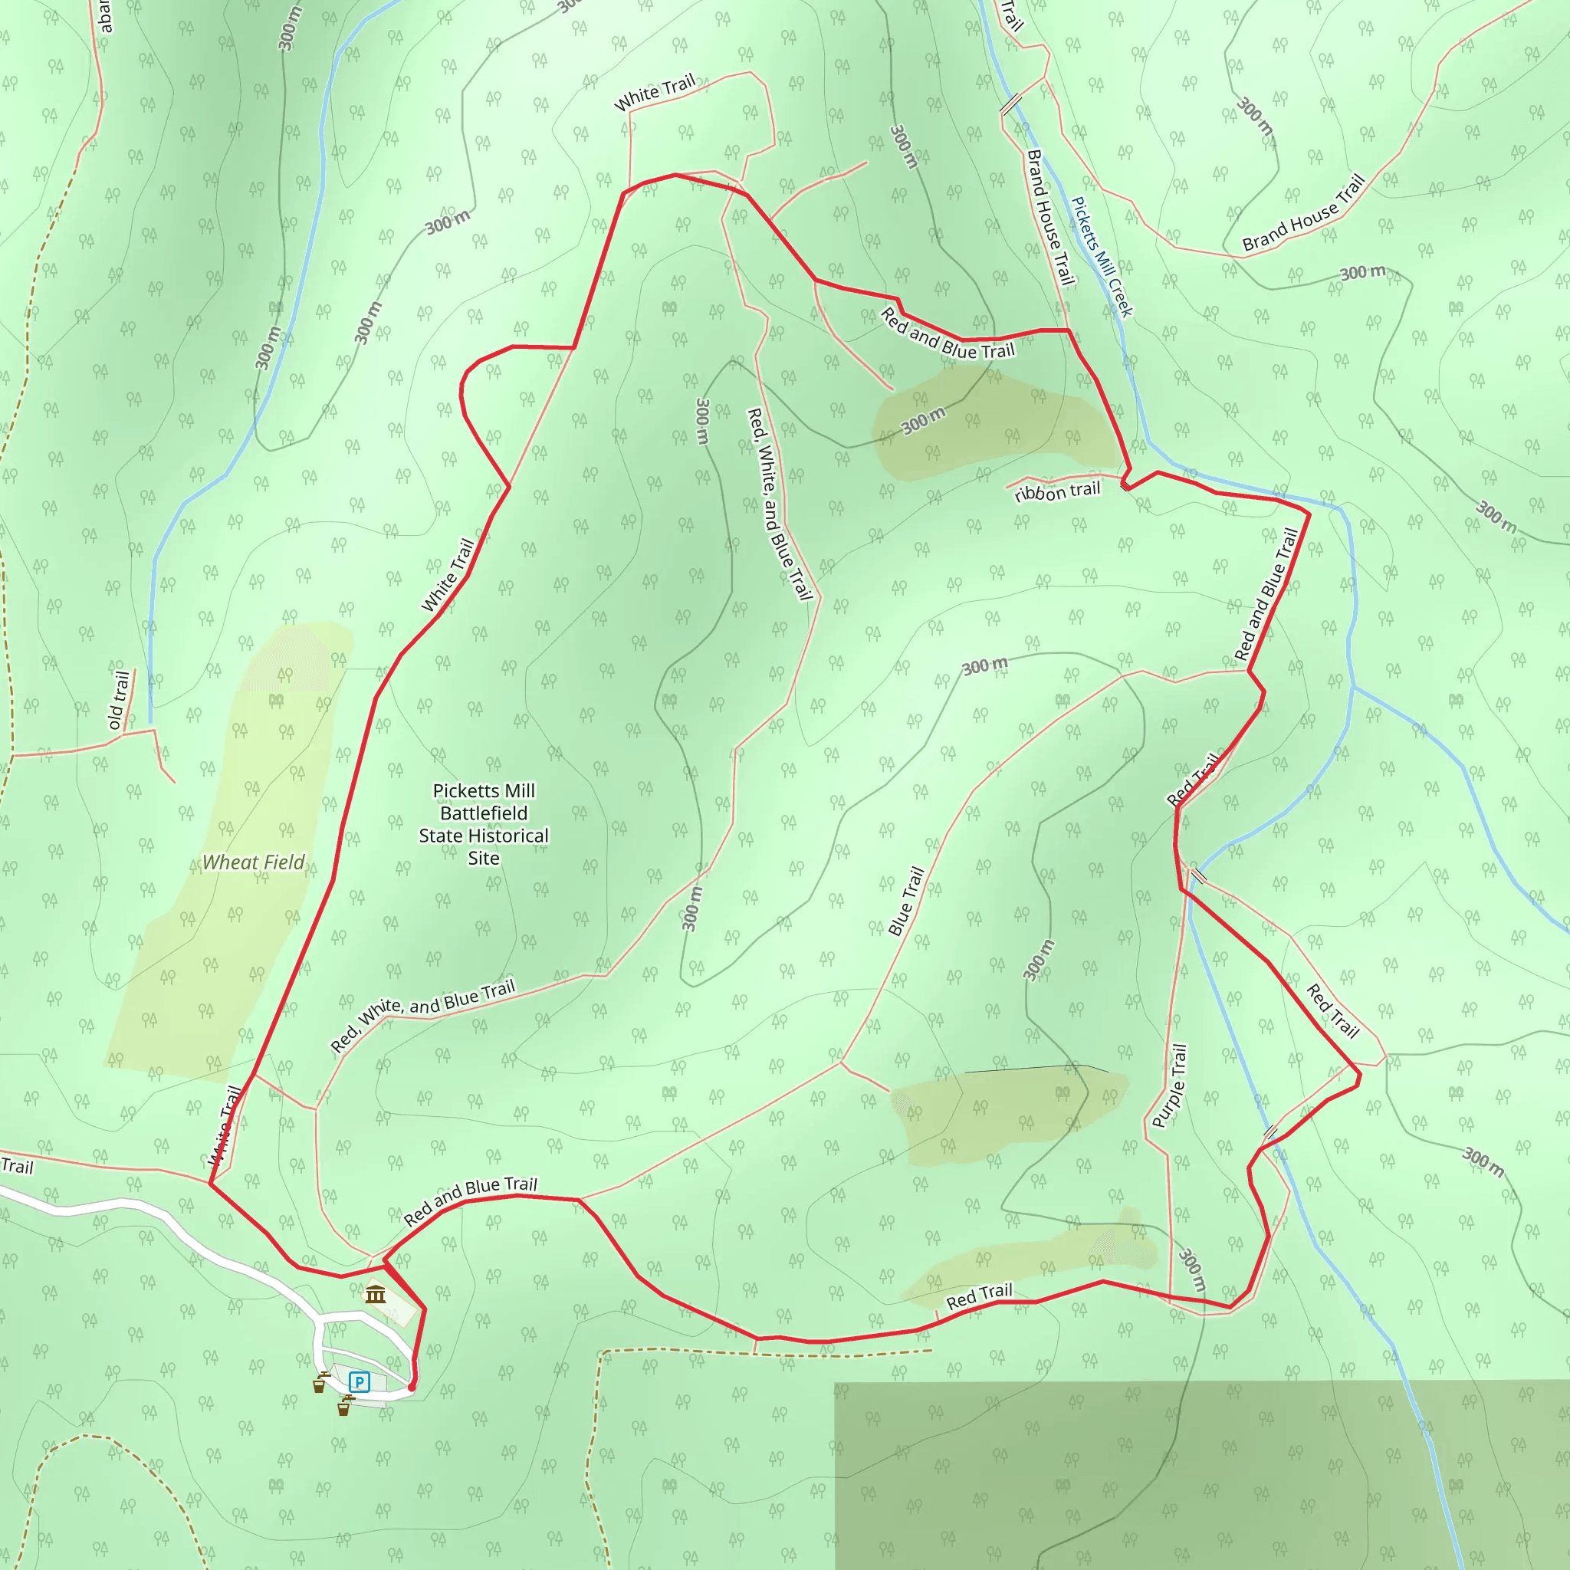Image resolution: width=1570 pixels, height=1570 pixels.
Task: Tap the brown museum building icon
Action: click(375, 1295)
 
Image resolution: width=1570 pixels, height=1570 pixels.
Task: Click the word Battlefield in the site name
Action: click(484, 813)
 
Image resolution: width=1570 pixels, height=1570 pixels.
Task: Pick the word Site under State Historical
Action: click(484, 858)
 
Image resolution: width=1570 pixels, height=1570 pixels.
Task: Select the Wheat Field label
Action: click(254, 862)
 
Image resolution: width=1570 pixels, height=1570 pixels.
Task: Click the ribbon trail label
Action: click(1057, 491)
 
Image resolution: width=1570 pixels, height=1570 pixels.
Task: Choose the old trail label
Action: click(119, 700)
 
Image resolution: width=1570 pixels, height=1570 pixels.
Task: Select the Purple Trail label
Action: click(1170, 1086)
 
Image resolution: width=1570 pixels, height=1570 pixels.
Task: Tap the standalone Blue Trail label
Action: click(906, 901)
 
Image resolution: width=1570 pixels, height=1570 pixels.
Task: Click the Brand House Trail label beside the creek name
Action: click(1050, 218)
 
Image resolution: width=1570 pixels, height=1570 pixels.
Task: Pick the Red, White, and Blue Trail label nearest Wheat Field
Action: click(422, 1016)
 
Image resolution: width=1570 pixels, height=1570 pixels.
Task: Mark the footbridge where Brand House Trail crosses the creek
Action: click(1010, 104)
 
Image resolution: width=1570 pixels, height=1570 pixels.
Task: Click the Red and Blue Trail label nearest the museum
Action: click(471, 1200)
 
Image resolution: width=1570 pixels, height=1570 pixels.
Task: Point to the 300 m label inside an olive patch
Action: click(924, 421)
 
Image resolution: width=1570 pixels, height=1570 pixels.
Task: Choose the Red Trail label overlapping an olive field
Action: click(979, 1296)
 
